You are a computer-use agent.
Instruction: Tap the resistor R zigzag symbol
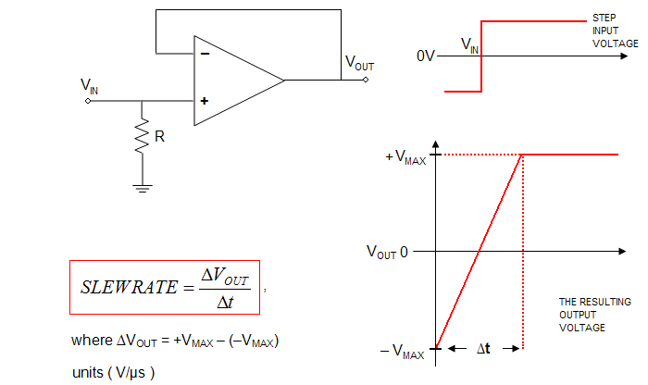[142, 137]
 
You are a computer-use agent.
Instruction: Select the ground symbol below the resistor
[142, 188]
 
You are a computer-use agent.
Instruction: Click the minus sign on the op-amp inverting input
[204, 54]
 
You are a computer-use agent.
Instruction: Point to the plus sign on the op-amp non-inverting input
[204, 100]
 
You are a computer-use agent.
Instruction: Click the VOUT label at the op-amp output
[360, 62]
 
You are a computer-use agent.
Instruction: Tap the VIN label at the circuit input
[89, 86]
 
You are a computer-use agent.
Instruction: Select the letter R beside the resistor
[160, 137]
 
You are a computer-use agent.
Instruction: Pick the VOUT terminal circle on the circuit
[367, 80]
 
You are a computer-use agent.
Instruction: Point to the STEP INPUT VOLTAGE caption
[615, 31]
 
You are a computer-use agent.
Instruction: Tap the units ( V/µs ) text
[115, 372]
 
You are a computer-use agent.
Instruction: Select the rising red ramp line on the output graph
[479, 251]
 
